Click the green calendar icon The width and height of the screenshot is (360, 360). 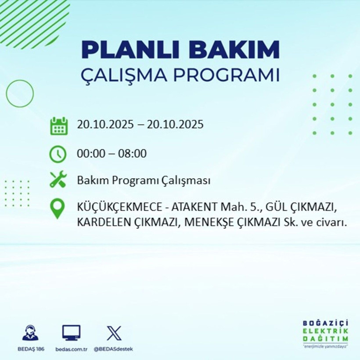point(58,125)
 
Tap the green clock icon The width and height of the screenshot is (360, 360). point(58,154)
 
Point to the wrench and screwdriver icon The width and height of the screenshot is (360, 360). point(58,180)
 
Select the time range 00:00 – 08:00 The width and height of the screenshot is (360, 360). point(112,154)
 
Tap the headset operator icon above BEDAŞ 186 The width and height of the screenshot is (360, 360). point(30,333)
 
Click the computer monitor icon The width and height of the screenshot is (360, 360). point(71,333)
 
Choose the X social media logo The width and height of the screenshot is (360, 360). point(113,333)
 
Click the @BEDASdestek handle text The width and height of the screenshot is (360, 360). point(113,349)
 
